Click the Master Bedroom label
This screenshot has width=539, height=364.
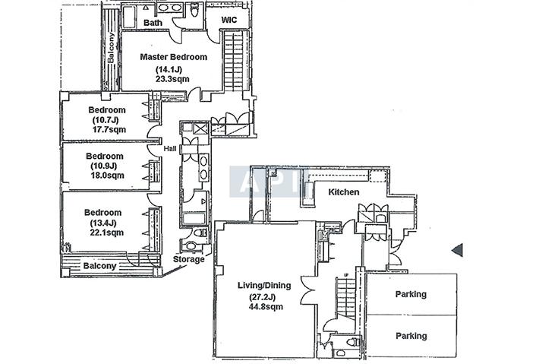tap(174, 57)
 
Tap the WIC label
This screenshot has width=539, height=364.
tap(229, 20)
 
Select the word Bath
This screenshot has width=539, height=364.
tap(153, 23)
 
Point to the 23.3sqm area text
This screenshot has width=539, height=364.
tap(172, 79)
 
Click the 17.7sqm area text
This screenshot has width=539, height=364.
tap(109, 129)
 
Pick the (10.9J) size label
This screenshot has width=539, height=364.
tap(104, 166)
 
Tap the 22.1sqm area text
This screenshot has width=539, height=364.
tap(107, 233)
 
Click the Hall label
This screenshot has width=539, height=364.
tap(170, 149)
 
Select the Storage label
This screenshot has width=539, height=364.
tap(189, 259)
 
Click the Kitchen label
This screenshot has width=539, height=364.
tap(344, 192)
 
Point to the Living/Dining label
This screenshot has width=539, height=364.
tap(264, 286)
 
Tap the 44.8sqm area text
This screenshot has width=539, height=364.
tap(266, 306)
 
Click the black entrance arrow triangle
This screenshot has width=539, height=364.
tap(458, 250)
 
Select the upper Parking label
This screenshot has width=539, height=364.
tap(411, 294)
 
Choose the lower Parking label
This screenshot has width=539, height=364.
tap(411, 336)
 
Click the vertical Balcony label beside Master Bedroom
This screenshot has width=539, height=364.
tap(111, 48)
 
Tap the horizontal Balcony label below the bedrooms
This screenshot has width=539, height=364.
tap(99, 266)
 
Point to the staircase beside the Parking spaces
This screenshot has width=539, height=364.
tap(346, 299)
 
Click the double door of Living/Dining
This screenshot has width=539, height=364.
tap(307, 290)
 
